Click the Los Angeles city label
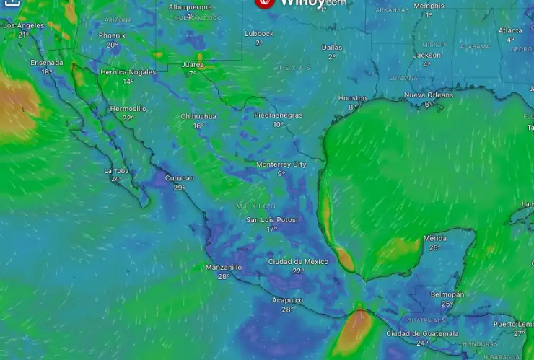pyautogui.click(x=23, y=25)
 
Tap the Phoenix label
pyautogui.click(x=112, y=35)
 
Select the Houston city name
pyautogui.click(x=352, y=98)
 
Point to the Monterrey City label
pyautogui.click(x=281, y=164)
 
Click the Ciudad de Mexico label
pyautogui.click(x=298, y=261)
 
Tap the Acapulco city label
pyautogui.click(x=288, y=300)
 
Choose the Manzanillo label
pyautogui.click(x=224, y=267)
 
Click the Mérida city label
pyautogui.click(x=434, y=238)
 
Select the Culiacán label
pyautogui.click(x=180, y=178)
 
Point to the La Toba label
pyautogui.click(x=116, y=171)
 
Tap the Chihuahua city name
pyautogui.click(x=198, y=116)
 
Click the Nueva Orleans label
pyautogui.click(x=429, y=95)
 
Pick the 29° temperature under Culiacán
pyautogui.click(x=179, y=188)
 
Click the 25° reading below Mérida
pyautogui.click(x=434, y=247)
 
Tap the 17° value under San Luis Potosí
pyautogui.click(x=271, y=229)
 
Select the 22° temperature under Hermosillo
pyautogui.click(x=128, y=118)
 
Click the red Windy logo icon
pyautogui.click(x=265, y=3)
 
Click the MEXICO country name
pyautogui.click(x=256, y=206)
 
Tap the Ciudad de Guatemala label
pyautogui.click(x=422, y=333)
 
